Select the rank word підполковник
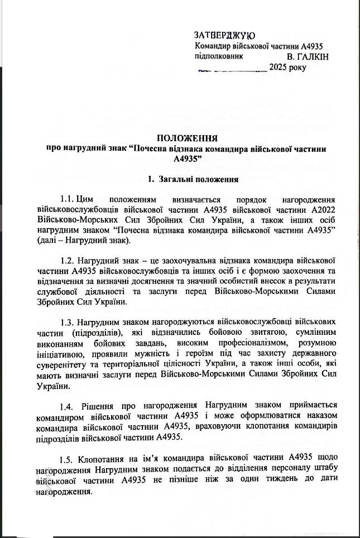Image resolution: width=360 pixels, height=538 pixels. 219,57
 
